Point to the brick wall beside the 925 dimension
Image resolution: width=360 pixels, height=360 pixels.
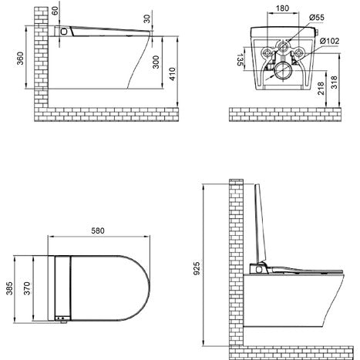tap(237, 262)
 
